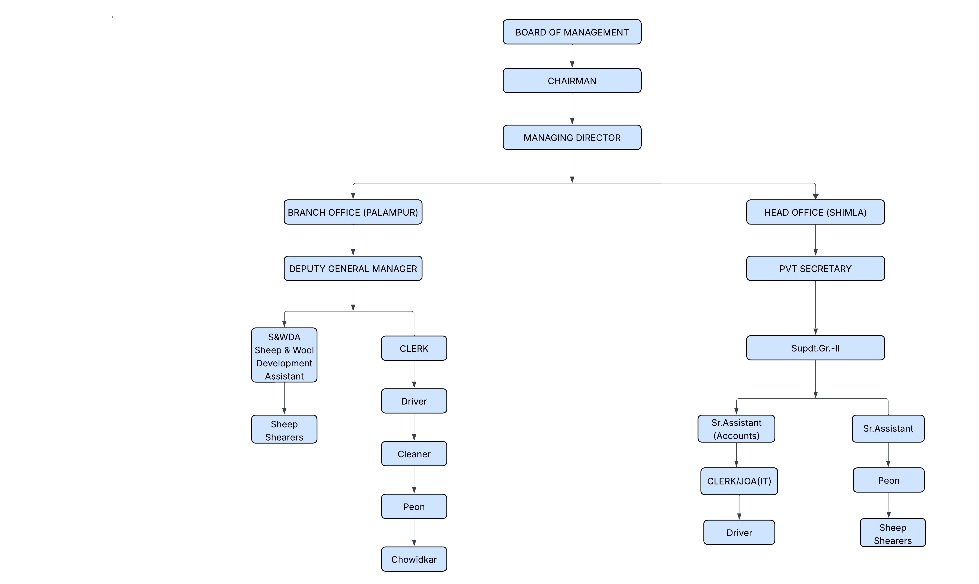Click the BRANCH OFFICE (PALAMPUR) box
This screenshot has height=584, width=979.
353,212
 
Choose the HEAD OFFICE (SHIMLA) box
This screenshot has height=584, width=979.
815,212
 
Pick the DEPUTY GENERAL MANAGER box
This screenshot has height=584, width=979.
353,268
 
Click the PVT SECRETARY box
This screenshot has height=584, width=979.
815,268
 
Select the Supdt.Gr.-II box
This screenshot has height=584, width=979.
815,348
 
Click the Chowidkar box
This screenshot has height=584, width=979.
414,559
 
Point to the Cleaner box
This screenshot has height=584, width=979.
414,454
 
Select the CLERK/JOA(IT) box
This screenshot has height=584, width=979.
739,481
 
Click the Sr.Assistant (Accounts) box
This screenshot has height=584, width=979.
736,428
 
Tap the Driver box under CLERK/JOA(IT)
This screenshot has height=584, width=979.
739,533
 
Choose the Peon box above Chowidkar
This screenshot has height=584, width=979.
414,507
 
